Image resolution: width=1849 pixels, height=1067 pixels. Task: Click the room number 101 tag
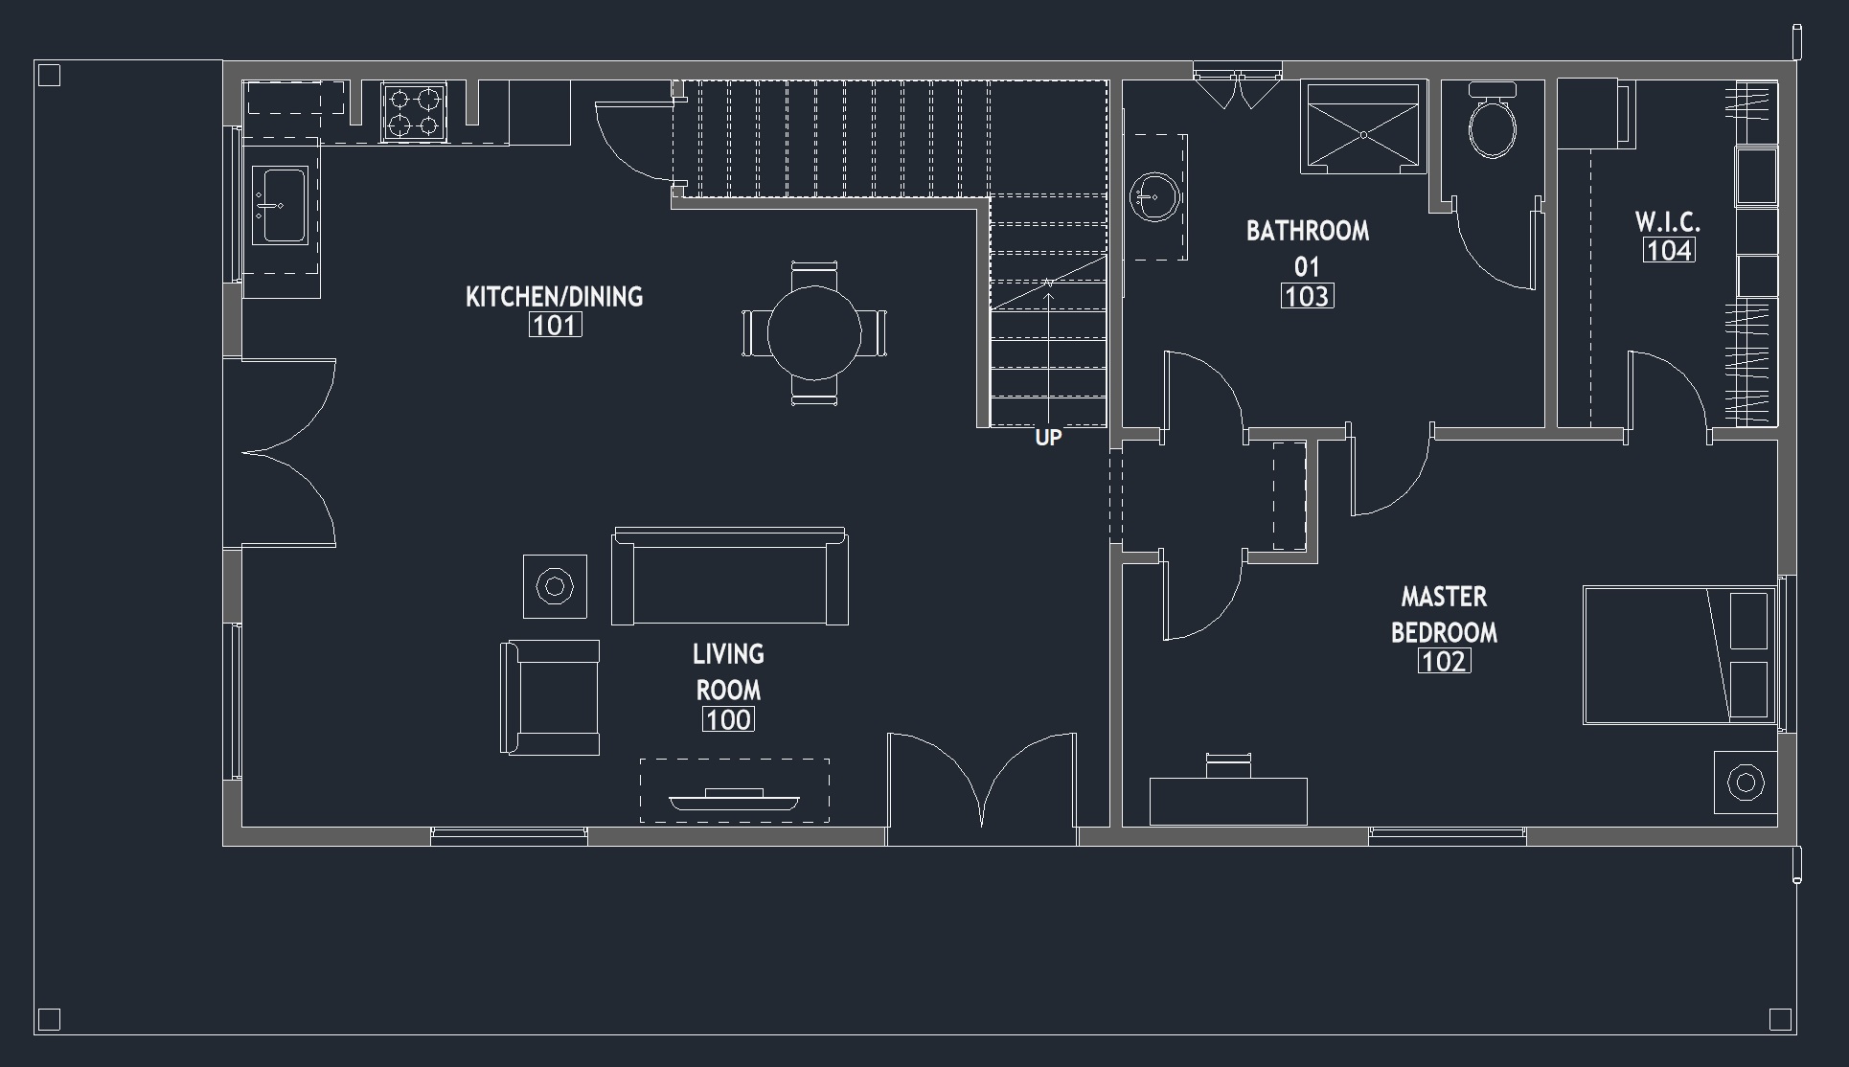[555, 326]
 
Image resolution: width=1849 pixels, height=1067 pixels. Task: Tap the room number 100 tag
[728, 719]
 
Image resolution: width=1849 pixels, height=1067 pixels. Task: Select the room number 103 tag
[1307, 296]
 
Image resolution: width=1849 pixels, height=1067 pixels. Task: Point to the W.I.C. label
[1668, 222]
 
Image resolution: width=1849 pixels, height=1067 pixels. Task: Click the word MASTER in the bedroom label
[1444, 597]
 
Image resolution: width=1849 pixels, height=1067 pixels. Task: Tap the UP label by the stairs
[1048, 438]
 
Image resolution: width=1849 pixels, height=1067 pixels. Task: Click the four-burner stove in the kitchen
[415, 112]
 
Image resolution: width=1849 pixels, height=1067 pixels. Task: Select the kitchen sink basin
[280, 205]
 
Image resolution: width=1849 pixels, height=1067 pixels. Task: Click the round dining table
[814, 333]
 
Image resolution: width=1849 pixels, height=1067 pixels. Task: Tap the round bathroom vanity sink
[1154, 197]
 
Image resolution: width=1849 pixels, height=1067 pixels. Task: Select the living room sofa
[730, 577]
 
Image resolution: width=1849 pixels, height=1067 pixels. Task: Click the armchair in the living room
[550, 697]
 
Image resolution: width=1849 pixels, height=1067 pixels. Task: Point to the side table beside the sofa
[555, 585]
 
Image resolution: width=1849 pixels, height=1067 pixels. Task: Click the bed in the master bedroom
[1679, 655]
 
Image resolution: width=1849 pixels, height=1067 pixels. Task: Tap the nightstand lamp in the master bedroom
[1746, 783]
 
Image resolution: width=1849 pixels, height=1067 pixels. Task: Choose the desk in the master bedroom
[1228, 801]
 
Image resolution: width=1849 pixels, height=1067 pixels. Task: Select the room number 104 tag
[1669, 250]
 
